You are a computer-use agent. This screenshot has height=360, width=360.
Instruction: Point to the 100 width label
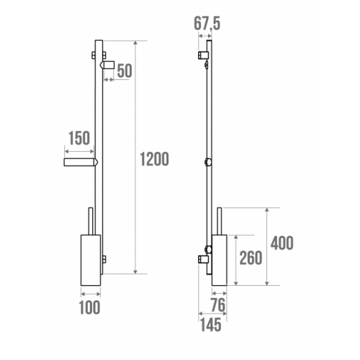pos(90,308)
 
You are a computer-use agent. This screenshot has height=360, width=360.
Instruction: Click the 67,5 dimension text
pos(206,24)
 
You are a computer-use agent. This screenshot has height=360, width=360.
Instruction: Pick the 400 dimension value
pos(282,243)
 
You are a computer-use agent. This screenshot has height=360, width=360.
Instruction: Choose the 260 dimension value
pos(250,258)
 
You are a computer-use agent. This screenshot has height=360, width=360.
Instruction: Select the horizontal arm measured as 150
pos(79,163)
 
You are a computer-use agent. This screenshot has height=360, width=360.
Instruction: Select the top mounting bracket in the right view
pos(203,55)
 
